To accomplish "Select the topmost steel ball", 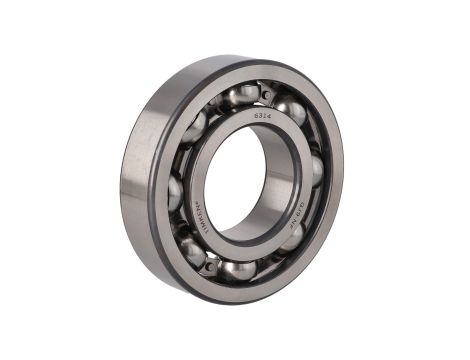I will pos(244,95).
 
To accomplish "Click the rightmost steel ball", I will pos(316,170).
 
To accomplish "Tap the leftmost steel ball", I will pos(176,190).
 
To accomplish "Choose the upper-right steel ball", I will pos(290,109).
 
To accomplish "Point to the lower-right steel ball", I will pos(296,238).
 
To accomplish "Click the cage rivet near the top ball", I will pos(266,94).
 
